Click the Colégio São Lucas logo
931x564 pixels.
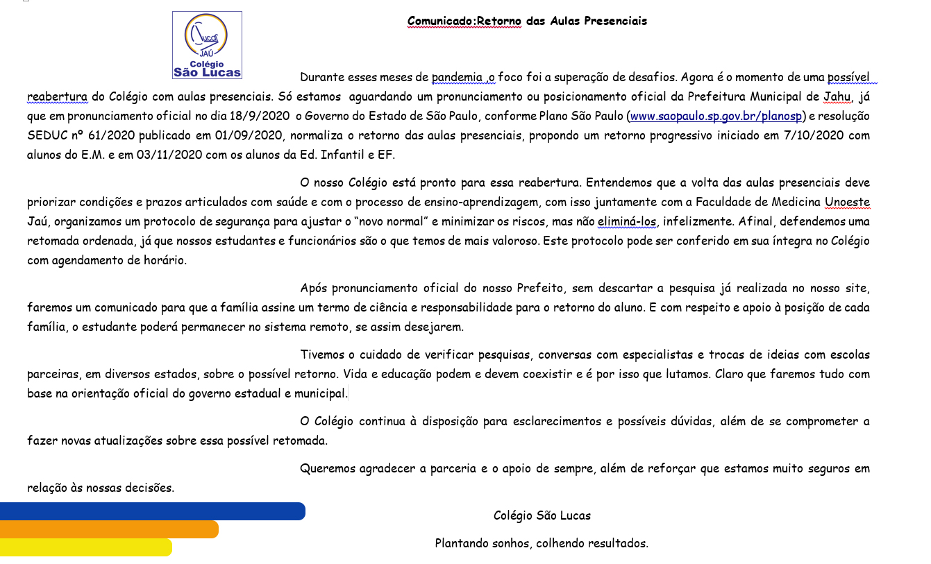click(207, 45)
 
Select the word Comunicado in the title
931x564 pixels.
click(439, 21)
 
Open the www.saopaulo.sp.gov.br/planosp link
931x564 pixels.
click(716, 116)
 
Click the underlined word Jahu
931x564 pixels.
click(837, 96)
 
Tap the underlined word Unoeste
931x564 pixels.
click(847, 203)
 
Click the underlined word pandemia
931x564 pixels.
click(458, 77)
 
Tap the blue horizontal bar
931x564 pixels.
click(152, 511)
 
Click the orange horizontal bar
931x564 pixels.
click(109, 529)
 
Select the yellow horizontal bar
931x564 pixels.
click(85, 547)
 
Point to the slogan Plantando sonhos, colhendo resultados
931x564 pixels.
click(542, 543)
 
